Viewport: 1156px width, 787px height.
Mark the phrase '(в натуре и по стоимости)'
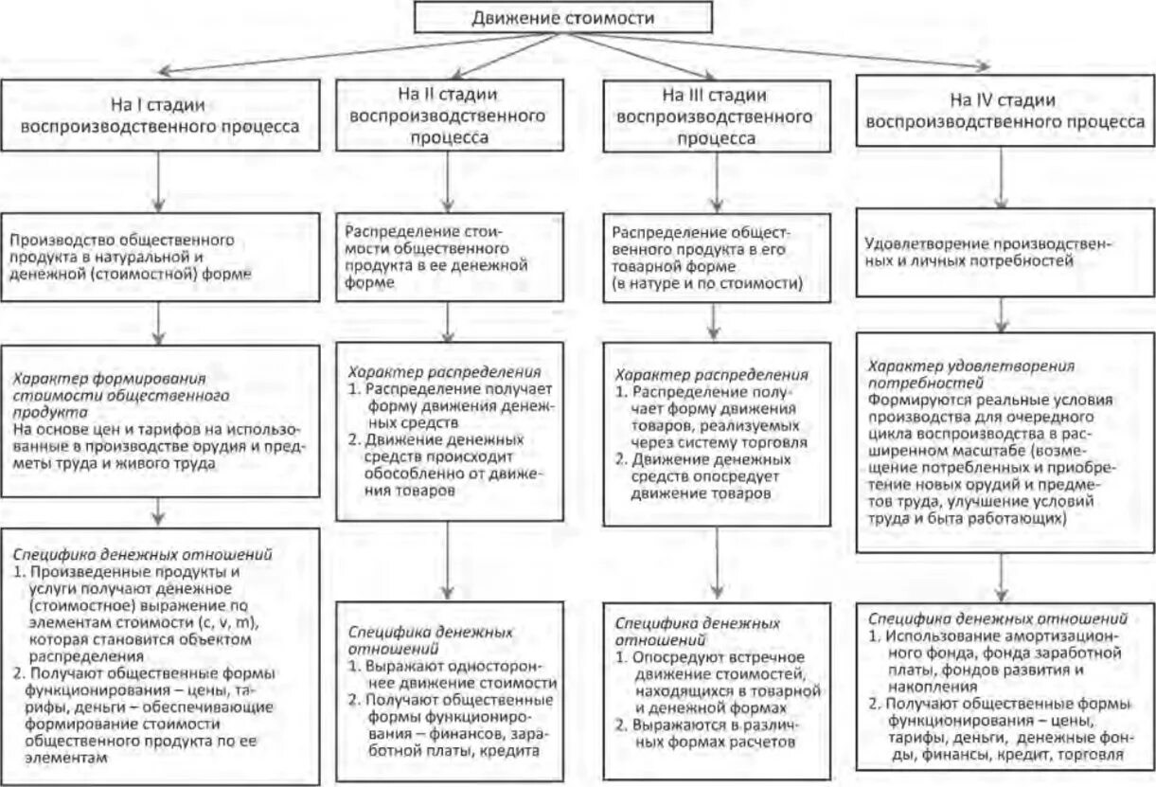[x=707, y=283]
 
